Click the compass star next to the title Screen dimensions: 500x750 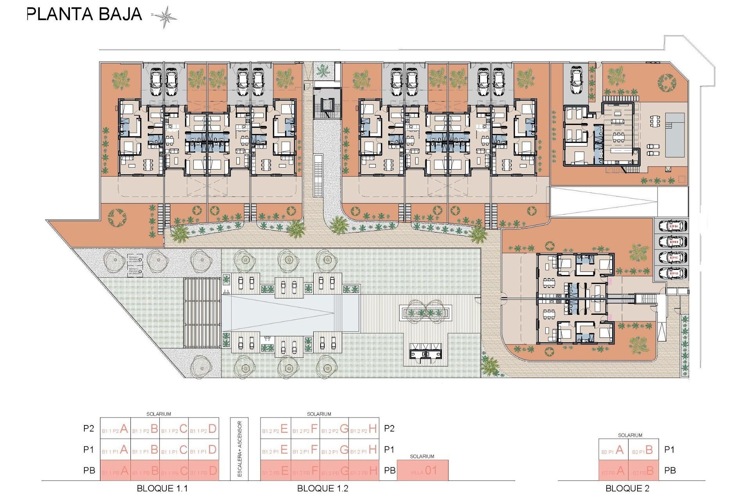tap(166, 17)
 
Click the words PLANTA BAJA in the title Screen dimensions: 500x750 tap(84, 14)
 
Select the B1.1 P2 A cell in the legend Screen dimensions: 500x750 tap(115, 429)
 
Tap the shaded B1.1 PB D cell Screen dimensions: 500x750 tap(204, 471)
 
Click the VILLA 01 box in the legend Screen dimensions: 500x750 tap(423, 471)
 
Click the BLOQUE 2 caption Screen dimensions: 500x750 tap(627, 489)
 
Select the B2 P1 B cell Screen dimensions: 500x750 tap(643, 450)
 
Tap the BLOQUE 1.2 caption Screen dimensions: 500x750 tap(323, 489)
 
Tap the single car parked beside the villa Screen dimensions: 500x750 tap(577, 80)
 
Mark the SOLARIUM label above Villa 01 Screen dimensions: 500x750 tap(422, 456)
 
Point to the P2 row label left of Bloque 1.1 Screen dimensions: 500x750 tap(89, 429)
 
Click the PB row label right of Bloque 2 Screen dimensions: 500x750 tap(670, 471)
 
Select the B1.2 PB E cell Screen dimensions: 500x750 tap(275, 471)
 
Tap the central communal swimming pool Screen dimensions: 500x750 tap(289, 312)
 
